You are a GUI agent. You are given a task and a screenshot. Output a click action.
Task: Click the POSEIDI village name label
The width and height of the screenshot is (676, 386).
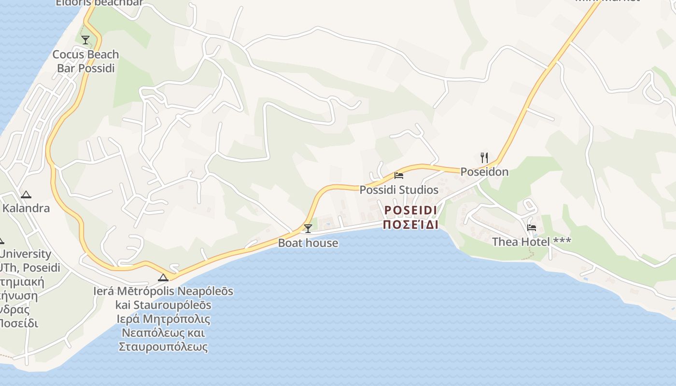(x=411, y=210)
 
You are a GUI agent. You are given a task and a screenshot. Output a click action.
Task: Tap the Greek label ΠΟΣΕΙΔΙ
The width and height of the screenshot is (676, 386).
(x=411, y=225)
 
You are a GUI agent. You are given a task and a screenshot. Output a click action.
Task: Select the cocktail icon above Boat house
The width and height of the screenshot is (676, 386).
(x=308, y=228)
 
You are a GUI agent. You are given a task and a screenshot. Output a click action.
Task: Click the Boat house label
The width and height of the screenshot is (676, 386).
(x=308, y=243)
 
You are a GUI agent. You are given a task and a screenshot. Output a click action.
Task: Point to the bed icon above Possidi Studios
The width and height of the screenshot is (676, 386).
(x=399, y=175)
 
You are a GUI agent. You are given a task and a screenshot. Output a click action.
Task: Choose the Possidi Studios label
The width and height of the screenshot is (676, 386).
(x=399, y=190)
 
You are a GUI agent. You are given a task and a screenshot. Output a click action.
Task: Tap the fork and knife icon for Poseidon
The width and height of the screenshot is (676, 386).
(x=484, y=157)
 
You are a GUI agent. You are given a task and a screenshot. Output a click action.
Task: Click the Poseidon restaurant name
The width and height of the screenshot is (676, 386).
(x=484, y=172)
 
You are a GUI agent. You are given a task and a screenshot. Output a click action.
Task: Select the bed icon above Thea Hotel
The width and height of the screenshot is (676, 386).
(x=532, y=227)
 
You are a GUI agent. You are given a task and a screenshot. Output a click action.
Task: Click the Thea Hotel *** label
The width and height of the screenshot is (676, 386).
(x=531, y=241)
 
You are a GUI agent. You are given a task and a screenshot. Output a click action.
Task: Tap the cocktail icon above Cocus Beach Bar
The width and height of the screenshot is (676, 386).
(x=85, y=40)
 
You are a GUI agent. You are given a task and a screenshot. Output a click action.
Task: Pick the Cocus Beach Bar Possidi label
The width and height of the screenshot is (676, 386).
(x=85, y=61)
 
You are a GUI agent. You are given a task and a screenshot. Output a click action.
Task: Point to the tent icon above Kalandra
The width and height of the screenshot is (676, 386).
(x=26, y=194)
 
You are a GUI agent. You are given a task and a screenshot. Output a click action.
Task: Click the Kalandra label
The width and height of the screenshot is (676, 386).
(x=26, y=208)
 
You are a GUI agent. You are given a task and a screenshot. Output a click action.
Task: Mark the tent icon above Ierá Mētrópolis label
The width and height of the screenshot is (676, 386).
(x=163, y=277)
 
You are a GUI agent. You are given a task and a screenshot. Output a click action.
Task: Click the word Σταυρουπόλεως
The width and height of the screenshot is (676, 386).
(x=163, y=346)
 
